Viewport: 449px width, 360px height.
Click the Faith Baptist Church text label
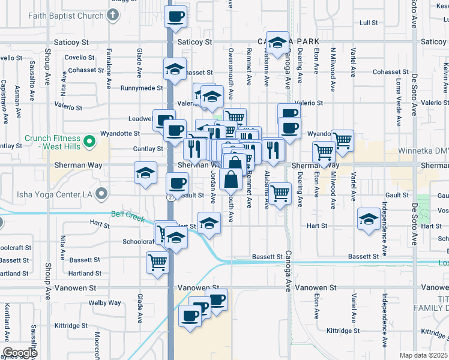(65, 16)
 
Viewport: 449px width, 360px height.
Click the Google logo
(20, 353)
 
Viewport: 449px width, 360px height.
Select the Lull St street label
(368, 23)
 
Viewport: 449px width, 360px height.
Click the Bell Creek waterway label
(128, 215)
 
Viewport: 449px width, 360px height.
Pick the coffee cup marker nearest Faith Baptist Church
(175, 17)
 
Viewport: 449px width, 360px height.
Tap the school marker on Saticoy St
(277, 43)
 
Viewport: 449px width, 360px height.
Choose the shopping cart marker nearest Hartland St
(157, 262)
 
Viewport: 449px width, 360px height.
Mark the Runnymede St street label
(142, 88)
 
